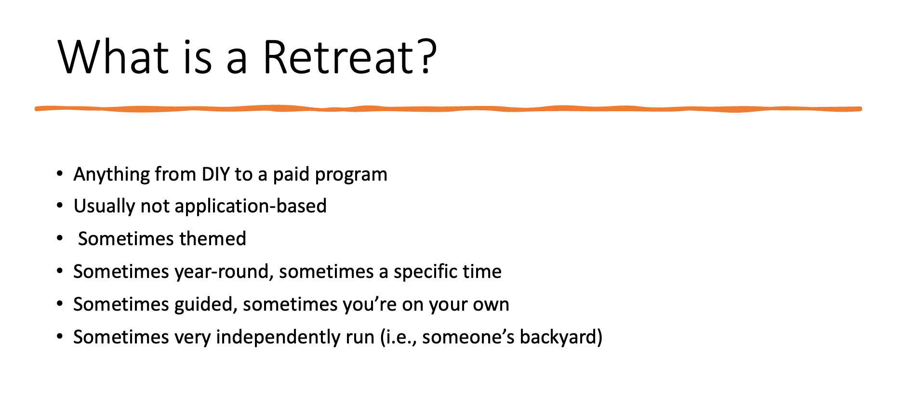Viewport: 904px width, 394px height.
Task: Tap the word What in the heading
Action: tap(114, 57)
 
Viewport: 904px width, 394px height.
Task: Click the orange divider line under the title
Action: tap(448, 109)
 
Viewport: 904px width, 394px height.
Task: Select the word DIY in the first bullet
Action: tap(215, 174)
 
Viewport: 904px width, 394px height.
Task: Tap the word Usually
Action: tap(104, 207)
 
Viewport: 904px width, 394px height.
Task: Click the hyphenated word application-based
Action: tap(251, 207)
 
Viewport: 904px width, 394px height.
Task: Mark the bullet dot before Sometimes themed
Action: tap(60, 238)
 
